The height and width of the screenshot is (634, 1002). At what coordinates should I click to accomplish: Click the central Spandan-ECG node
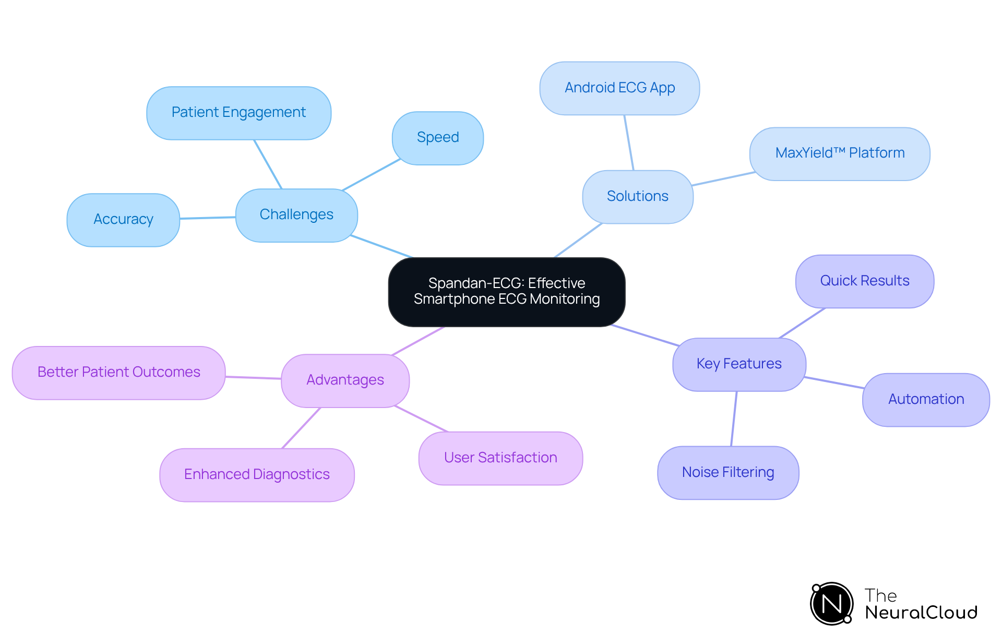point(506,291)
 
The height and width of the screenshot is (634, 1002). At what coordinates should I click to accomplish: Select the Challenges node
point(296,214)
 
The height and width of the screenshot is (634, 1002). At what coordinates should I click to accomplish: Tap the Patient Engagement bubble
point(238,113)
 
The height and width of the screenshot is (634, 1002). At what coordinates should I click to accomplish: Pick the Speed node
point(437,138)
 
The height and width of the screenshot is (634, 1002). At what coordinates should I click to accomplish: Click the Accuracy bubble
point(123,219)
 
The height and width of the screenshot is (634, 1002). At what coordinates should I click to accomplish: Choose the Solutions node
point(637,196)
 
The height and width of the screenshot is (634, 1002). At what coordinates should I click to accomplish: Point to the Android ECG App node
point(619,88)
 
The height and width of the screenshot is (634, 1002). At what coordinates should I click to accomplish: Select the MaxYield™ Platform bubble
point(839,153)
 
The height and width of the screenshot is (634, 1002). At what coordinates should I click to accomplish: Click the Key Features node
point(739,364)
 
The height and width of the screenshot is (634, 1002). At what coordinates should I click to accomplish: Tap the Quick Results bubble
point(864,281)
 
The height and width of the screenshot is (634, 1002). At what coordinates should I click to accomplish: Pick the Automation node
point(926,399)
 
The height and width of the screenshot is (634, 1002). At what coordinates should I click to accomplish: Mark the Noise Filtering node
point(728,472)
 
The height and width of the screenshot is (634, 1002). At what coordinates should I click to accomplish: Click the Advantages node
point(345,380)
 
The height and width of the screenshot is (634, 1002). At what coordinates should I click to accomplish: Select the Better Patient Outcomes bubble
point(119,372)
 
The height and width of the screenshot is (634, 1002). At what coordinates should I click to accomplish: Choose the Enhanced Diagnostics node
point(257,474)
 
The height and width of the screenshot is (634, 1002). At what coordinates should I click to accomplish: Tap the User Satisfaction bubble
point(500,458)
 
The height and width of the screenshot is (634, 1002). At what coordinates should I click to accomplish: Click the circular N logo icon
point(831,604)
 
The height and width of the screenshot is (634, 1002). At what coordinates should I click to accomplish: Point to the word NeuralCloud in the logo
point(921,613)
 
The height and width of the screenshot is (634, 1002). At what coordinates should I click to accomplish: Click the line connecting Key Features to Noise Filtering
point(734,418)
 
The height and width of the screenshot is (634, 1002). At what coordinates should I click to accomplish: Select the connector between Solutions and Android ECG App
point(629,142)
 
